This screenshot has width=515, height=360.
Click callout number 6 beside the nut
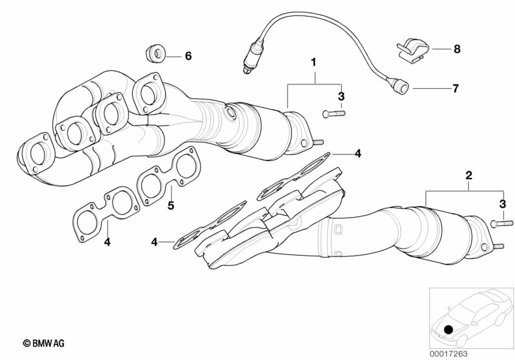[188, 56]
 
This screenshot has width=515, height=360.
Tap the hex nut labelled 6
[155, 53]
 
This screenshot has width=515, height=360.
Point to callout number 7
[456, 88]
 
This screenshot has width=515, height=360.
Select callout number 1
[314, 62]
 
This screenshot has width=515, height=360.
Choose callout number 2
[469, 175]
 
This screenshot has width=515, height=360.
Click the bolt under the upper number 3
[333, 114]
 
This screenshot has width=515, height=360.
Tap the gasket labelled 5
[168, 177]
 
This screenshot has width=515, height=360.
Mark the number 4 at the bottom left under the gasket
[108, 242]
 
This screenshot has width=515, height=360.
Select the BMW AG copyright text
[44, 344]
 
